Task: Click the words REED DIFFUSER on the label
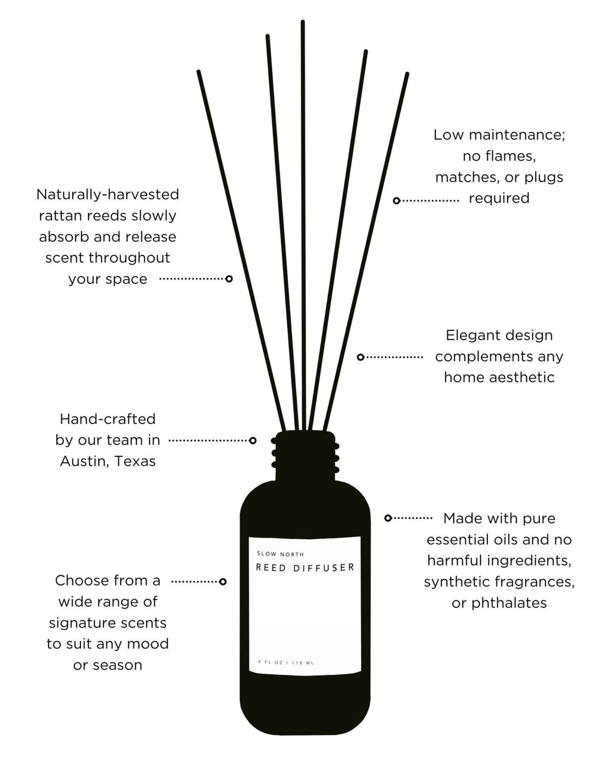[x=305, y=568]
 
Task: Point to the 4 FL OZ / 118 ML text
[x=286, y=662]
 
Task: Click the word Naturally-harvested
[x=108, y=194]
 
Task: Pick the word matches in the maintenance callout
[x=463, y=177]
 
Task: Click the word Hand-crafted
[x=108, y=419]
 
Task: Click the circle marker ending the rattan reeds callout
[x=229, y=279]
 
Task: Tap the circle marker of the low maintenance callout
[x=397, y=201]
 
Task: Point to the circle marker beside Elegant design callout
[x=360, y=357]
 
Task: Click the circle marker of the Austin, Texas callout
[x=253, y=441]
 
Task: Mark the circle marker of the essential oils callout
[x=388, y=518]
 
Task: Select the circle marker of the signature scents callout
[x=223, y=582]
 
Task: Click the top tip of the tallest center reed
[x=302, y=22]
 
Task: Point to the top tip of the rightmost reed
[x=407, y=75]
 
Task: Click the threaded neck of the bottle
[x=305, y=455]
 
